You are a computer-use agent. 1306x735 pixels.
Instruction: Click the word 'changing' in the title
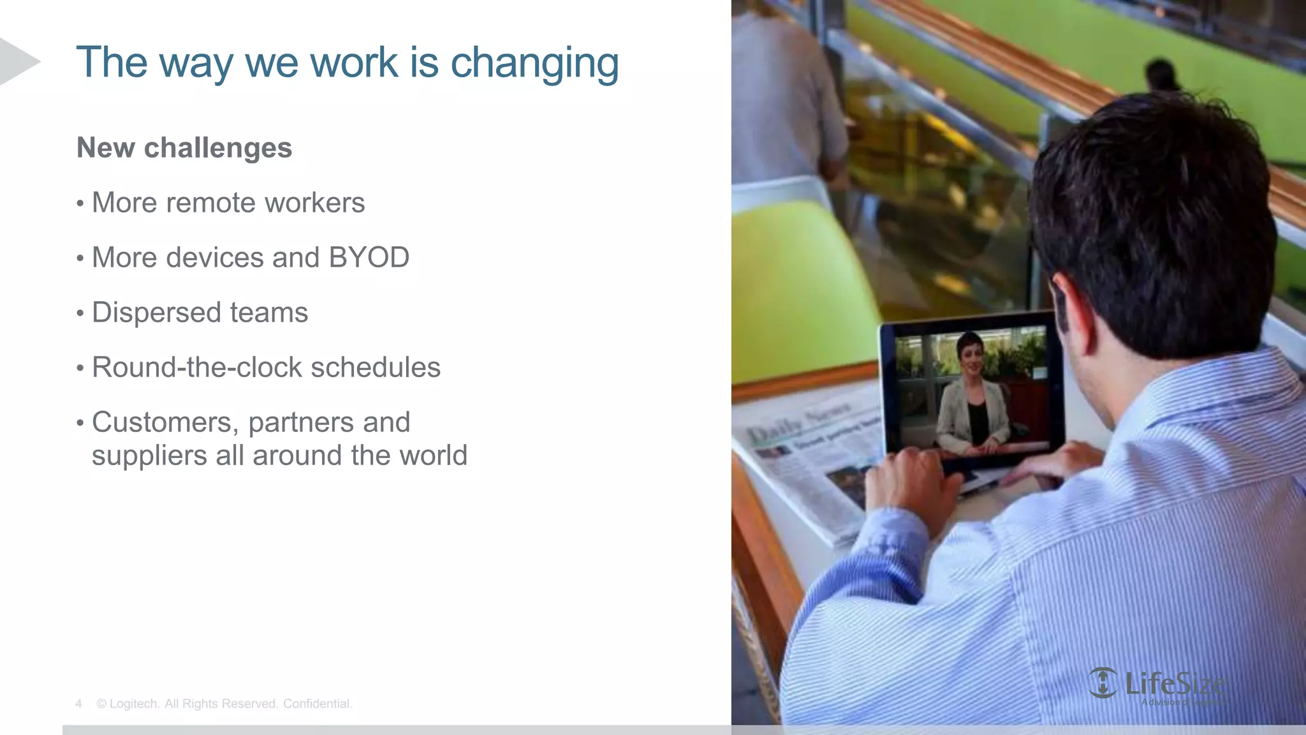(x=534, y=63)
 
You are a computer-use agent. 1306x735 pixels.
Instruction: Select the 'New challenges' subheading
(x=184, y=148)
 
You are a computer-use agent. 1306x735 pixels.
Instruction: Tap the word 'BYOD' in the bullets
(x=369, y=258)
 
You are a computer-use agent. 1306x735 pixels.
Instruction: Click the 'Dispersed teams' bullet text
(x=200, y=313)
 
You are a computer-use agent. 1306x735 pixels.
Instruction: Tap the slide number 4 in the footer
(x=78, y=704)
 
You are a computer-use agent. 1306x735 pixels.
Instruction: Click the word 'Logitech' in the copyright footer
(x=133, y=704)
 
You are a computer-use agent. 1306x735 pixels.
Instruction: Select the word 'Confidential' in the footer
(x=317, y=704)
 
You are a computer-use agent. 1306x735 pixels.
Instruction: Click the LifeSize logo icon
(x=1102, y=683)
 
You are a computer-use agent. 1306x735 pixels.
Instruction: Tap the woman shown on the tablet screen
(x=971, y=399)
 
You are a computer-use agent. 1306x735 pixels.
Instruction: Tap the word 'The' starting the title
(x=112, y=63)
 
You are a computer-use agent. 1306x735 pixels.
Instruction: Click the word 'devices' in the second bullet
(x=215, y=258)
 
